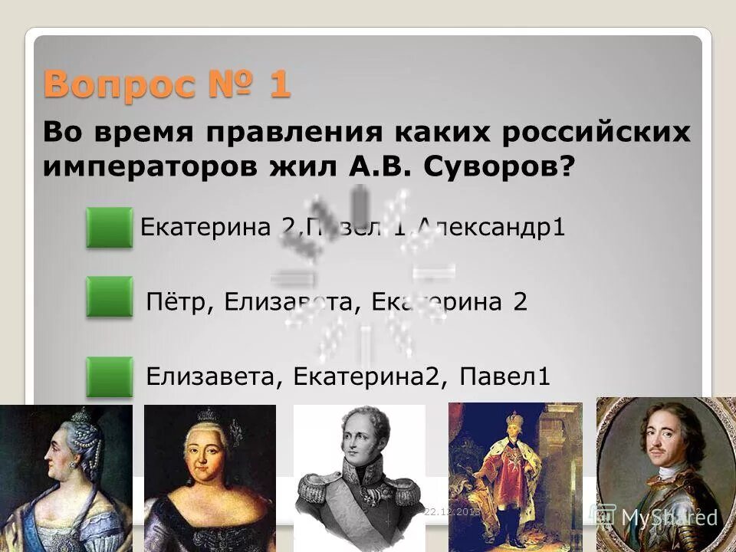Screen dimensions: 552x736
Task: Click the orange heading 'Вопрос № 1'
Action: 167,84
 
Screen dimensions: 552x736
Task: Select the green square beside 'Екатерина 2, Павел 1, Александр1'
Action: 109,228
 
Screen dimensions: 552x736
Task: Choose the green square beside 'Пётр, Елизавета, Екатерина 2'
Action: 109,297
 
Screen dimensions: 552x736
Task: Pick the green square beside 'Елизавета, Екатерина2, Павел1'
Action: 109,376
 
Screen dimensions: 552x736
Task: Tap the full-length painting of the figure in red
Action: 514,475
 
